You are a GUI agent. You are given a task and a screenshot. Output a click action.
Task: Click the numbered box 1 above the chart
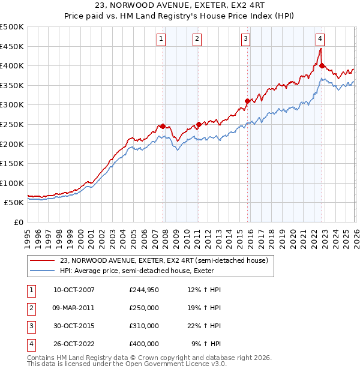(162, 39)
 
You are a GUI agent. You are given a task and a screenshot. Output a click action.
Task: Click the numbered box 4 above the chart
(320, 39)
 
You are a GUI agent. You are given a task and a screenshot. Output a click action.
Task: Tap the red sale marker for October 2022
(322, 66)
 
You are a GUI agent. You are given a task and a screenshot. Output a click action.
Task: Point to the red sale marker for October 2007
(163, 126)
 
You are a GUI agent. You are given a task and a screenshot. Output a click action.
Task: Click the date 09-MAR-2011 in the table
(74, 308)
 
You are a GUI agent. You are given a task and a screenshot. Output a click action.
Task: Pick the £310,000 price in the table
(144, 326)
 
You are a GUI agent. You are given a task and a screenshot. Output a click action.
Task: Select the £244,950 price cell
(144, 290)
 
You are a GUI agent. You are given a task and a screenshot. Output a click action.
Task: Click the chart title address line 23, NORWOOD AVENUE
(180, 5)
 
